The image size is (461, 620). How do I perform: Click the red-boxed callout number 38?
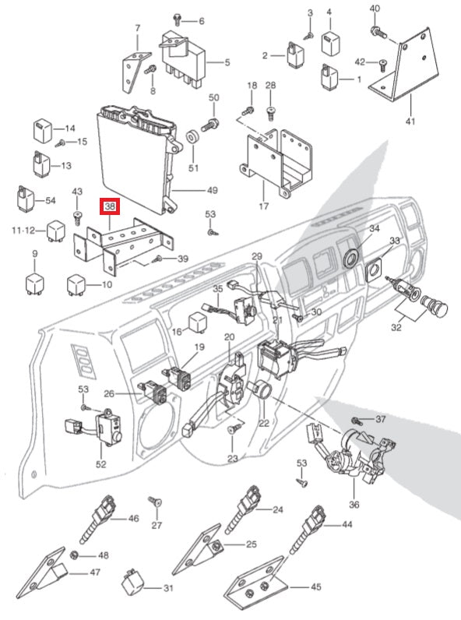110,206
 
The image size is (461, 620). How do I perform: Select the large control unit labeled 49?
139,158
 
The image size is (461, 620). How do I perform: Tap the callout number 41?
411,121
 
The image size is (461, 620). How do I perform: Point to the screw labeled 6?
177,19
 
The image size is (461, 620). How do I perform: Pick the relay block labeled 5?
183,58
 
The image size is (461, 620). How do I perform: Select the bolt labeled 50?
210,125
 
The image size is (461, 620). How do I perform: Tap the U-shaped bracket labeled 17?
276,163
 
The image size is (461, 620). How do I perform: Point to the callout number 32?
396,327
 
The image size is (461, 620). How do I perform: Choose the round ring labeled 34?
351,258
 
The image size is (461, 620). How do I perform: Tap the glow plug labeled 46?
96,519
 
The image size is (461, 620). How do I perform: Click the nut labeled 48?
73,555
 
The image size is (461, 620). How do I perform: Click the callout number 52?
101,463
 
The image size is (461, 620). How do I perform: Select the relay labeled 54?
25,199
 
